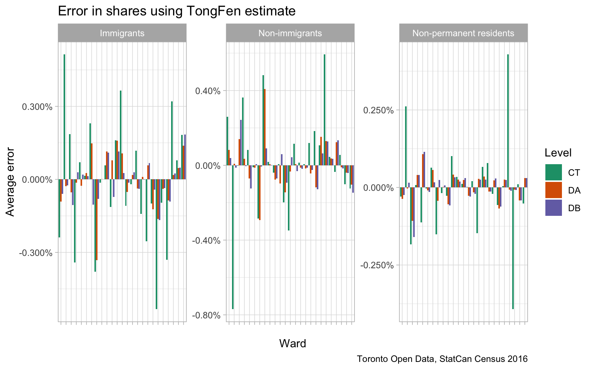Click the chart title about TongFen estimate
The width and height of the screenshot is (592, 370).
tap(177, 11)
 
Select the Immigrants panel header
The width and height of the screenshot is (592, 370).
tap(122, 33)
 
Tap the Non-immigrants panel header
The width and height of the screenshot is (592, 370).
tap(290, 33)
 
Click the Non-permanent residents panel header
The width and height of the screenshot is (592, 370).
tap(463, 33)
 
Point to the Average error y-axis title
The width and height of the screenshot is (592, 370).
tap(10, 182)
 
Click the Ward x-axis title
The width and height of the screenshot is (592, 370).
tap(293, 343)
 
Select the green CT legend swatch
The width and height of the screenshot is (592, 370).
tap(553, 172)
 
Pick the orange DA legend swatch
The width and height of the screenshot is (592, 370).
tap(553, 190)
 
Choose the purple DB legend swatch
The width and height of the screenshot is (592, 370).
tap(553, 208)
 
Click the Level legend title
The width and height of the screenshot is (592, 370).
tap(558, 153)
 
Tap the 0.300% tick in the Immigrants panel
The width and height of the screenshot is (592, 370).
tap(37, 107)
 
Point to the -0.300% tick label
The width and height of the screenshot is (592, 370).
tap(36, 253)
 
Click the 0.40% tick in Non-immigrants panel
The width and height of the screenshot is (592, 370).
tap(207, 91)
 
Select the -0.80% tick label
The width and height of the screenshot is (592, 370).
tap(206, 315)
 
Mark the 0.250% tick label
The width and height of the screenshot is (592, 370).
tap(378, 110)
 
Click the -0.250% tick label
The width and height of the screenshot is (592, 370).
tap(377, 265)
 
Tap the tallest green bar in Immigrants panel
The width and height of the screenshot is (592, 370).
tap(64, 116)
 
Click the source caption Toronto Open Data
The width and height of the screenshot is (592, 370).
tap(442, 359)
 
